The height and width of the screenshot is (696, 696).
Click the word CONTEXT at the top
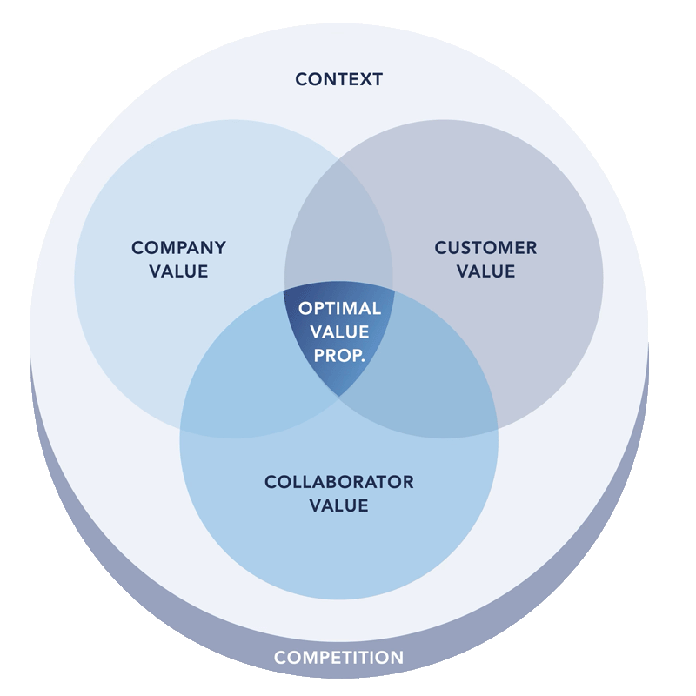(x=338, y=79)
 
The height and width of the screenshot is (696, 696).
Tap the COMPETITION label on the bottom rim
(x=338, y=658)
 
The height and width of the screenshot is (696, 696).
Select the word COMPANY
(x=178, y=248)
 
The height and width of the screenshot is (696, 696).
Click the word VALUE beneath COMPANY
(x=178, y=271)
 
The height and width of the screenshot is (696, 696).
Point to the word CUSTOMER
(x=485, y=248)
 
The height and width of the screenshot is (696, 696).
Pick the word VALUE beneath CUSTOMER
(x=485, y=271)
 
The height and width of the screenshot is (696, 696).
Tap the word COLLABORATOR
(x=338, y=482)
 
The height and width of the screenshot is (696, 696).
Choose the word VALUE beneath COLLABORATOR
(x=338, y=505)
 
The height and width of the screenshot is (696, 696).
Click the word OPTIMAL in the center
(x=339, y=309)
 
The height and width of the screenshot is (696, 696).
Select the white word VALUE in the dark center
(x=339, y=331)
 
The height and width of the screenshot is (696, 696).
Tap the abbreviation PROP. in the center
(x=339, y=354)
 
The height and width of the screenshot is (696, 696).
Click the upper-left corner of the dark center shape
(x=285, y=292)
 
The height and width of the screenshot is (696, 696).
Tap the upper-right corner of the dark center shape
(x=393, y=292)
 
